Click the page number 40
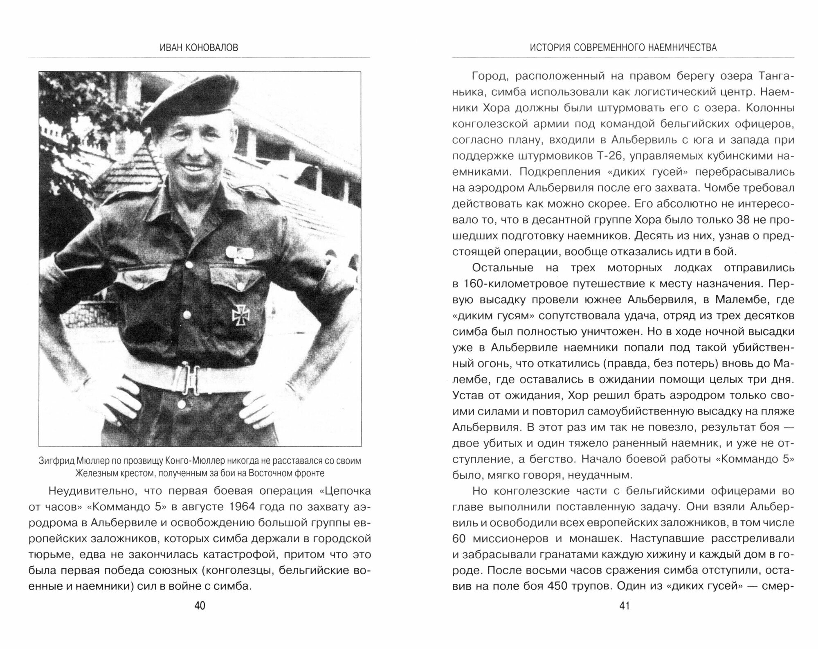(x=200, y=606)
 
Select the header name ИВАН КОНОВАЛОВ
(x=199, y=48)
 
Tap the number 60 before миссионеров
(x=461, y=538)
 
